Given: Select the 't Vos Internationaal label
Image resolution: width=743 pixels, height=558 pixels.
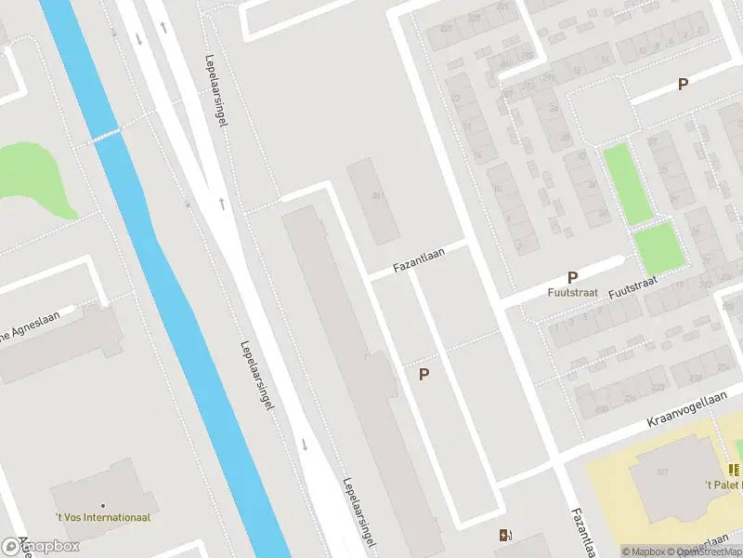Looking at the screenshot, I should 103,517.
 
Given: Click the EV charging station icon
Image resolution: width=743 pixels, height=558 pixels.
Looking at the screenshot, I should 505,535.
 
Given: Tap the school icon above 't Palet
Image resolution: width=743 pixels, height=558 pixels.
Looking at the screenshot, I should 735,471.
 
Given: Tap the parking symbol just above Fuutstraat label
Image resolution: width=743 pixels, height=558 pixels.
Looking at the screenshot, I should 573,277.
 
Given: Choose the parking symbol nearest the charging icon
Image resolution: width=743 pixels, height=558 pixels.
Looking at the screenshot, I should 424,374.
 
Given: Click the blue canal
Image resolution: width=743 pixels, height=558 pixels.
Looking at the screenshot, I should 176,307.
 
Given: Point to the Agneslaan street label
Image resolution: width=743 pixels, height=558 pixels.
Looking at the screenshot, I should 37,325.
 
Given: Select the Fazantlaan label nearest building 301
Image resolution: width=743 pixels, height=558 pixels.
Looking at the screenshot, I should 419,259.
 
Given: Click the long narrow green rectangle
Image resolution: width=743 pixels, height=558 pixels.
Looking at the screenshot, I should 627,183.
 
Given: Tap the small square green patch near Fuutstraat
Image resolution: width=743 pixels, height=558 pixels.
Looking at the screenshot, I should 658,248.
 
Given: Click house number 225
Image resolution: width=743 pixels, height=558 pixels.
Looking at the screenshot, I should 657,386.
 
